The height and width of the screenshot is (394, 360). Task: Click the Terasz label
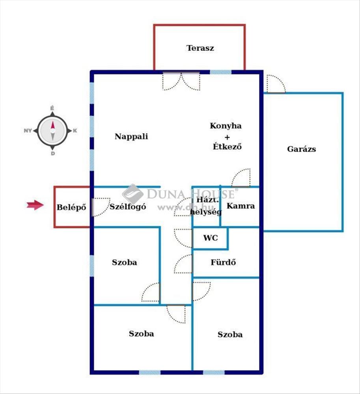200,48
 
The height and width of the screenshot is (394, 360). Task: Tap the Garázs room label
302,149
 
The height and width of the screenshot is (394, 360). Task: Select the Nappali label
131,137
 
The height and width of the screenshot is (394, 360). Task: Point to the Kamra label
241,206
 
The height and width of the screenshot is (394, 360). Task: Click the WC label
210,238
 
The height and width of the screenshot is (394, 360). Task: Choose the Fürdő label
223,262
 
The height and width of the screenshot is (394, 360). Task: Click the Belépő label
71,207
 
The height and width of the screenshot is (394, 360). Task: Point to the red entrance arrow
35,204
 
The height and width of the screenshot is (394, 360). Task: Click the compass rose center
52,130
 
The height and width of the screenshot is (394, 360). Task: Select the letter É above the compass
52,108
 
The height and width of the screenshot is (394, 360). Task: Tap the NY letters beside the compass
28,131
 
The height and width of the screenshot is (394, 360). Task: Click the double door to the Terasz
181,81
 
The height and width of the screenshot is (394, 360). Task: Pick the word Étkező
226,147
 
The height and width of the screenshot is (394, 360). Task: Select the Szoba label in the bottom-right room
230,335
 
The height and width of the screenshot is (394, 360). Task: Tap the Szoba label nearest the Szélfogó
125,262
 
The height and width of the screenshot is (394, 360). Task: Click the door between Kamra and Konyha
241,178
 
